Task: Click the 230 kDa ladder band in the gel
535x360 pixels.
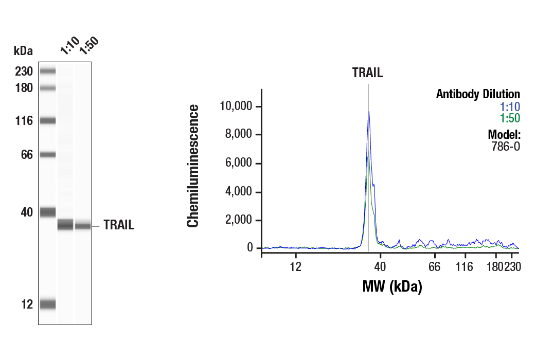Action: coord(48,71)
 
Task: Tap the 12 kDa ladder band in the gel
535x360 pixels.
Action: coord(48,304)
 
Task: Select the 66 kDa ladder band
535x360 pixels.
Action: coord(48,154)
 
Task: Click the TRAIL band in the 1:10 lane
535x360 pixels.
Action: coord(65,225)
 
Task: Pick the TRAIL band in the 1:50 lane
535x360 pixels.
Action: coord(83,225)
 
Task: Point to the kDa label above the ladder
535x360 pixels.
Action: coord(23,51)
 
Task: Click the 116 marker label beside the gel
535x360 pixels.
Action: coord(24,121)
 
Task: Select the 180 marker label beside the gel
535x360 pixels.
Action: coord(24,88)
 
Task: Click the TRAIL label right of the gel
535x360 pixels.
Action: coord(119,225)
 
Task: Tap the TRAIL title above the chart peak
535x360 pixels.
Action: coord(367,73)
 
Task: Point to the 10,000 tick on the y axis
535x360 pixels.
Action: coord(237,106)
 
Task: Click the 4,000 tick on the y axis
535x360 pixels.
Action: coord(240,192)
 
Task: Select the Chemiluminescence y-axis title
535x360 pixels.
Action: coord(193,166)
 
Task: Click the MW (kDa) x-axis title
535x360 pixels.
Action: coord(392,286)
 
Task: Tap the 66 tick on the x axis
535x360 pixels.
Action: coord(435,266)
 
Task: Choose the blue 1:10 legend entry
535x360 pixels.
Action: coord(510,107)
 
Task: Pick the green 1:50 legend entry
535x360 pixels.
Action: coord(510,119)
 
